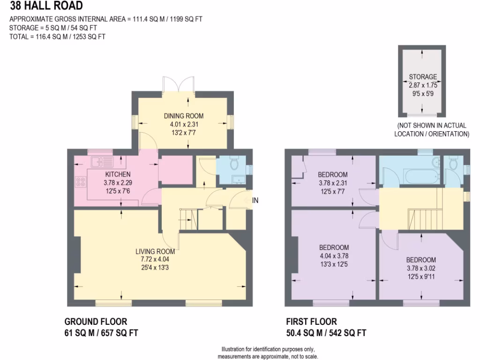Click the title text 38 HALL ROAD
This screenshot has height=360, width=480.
[x=46, y=6]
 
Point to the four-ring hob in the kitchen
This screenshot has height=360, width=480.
[x=79, y=181]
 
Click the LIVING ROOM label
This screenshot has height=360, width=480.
[x=158, y=251]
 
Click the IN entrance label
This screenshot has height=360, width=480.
[x=255, y=200]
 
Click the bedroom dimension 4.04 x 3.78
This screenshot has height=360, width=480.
[x=334, y=256]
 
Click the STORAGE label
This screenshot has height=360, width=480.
[x=422, y=77]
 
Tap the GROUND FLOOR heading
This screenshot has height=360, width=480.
[x=95, y=322]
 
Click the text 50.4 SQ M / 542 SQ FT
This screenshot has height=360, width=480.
[x=326, y=333]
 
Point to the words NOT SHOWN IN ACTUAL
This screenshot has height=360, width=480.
[x=432, y=126]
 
